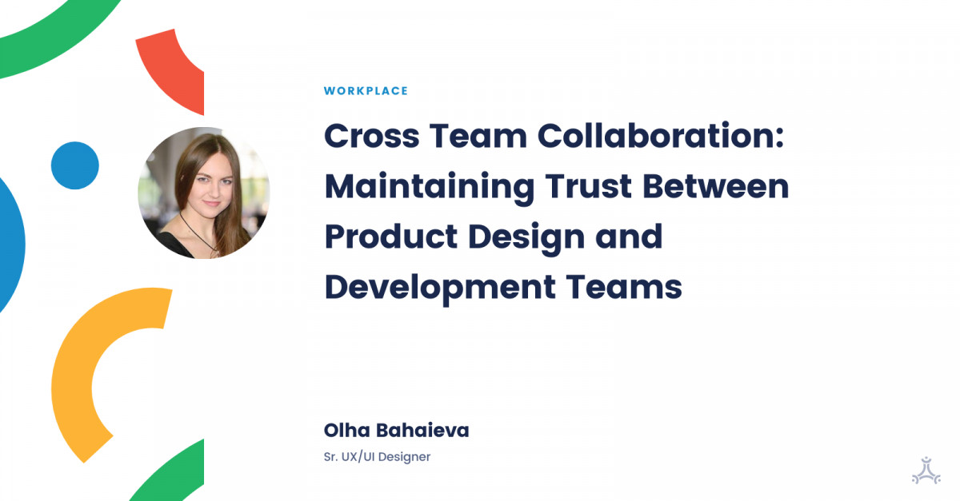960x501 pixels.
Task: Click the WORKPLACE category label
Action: tap(366, 91)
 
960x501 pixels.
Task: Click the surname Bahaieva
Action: tap(426, 431)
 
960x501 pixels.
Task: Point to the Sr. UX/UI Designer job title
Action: tap(377, 457)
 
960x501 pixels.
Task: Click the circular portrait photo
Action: tap(204, 193)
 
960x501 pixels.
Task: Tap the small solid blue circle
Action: tap(75, 165)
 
